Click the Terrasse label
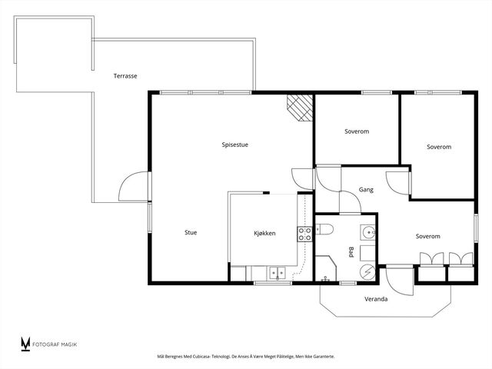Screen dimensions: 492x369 (125, 76)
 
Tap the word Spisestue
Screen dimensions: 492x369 (234, 145)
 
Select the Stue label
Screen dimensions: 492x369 (191, 232)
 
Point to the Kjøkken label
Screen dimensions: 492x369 (264, 233)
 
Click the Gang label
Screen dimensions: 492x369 (366, 190)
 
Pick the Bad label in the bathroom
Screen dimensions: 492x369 (351, 252)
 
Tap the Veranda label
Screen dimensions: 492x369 (376, 299)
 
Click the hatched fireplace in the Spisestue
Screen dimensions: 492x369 (300, 108)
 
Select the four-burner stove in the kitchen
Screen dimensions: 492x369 (304, 234)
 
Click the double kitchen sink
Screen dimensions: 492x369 (277, 273)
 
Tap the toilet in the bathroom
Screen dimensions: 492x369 (324, 229)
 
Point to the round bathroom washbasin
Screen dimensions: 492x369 (367, 232)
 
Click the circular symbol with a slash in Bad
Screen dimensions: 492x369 (367, 271)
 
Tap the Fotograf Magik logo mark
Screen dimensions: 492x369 (25, 344)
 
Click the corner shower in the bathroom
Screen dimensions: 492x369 (326, 268)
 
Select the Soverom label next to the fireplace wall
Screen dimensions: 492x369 (357, 131)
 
